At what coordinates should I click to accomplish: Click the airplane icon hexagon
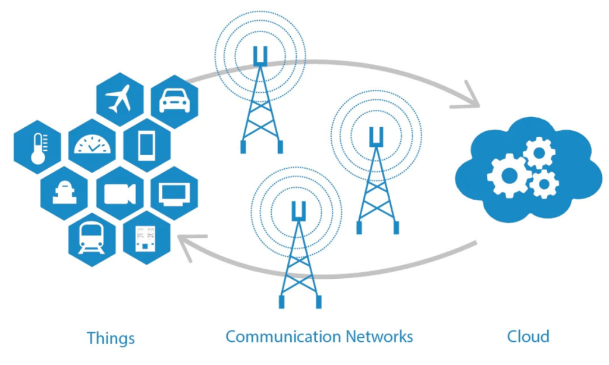click(120, 99)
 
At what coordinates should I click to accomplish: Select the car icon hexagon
click(174, 100)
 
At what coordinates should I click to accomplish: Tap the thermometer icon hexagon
click(37, 147)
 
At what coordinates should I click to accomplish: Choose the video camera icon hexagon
click(120, 194)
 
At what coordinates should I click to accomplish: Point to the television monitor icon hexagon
click(175, 193)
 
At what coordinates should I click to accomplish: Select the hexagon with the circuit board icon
click(146, 239)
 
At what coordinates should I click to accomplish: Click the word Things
click(111, 338)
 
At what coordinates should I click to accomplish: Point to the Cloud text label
click(528, 336)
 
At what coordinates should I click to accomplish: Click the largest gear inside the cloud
click(506, 175)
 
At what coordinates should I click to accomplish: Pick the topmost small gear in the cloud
click(539, 153)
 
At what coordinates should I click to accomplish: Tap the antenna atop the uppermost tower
click(260, 56)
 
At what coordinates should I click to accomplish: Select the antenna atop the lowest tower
click(299, 211)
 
